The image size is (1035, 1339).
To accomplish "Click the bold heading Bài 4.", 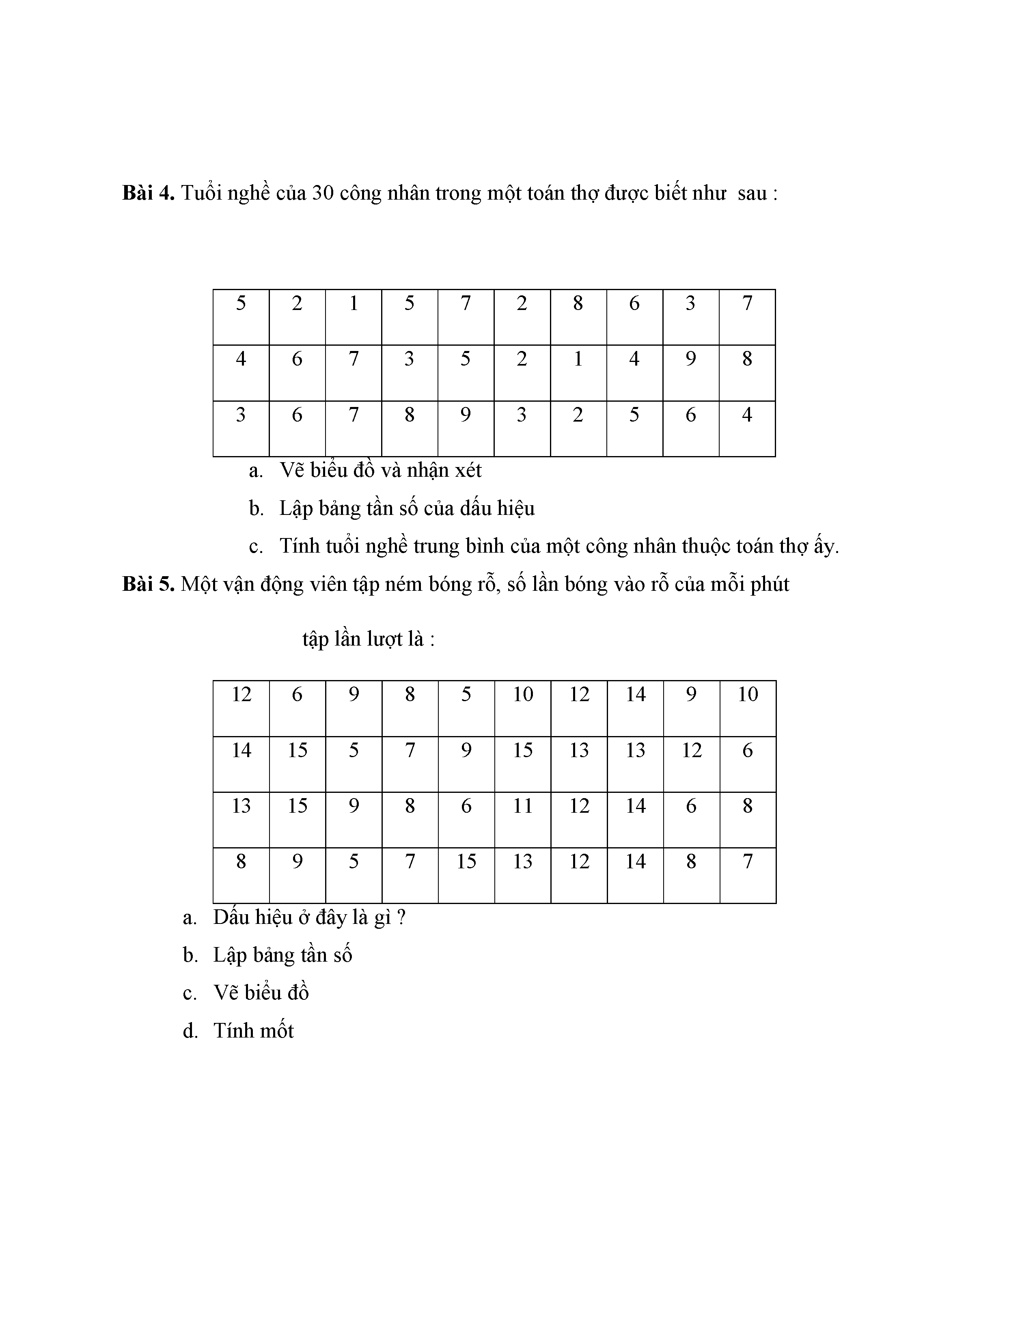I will click(149, 193).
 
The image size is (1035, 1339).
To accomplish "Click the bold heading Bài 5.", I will click(149, 584).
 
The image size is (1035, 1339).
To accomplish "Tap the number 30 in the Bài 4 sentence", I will click(323, 193).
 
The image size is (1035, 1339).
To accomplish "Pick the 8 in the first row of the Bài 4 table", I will click(578, 304).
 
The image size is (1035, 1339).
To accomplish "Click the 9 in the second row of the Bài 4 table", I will click(690, 359).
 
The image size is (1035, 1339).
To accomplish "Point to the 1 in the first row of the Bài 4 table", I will click(353, 304).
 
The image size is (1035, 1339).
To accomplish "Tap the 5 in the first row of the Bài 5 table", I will click(466, 695).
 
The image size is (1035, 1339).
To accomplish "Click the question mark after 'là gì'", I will click(401, 918).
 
